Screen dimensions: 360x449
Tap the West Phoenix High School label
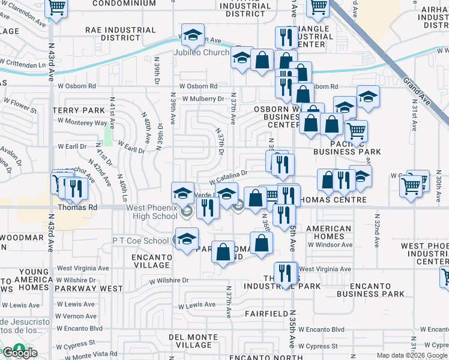152,212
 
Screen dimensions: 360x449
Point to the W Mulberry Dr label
203,98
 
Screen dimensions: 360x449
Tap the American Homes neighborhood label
328,233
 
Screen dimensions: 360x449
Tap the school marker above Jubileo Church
193,35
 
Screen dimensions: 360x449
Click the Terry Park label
78,110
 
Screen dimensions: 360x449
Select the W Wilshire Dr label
169,280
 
